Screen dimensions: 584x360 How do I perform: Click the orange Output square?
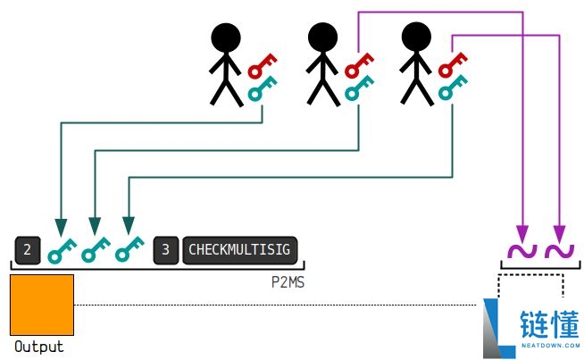coord(42,305)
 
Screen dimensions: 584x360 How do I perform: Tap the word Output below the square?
coord(39,347)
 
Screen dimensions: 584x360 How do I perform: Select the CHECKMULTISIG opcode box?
coord(239,250)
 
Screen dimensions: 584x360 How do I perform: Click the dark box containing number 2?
coord(28,250)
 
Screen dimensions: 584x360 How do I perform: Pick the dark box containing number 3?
coord(166,250)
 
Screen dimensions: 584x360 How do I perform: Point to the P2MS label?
coord(288,282)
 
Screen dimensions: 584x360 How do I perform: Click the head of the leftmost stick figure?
coord(226,38)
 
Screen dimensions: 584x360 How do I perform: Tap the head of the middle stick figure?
coord(322,38)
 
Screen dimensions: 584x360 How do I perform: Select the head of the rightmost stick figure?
coord(416,37)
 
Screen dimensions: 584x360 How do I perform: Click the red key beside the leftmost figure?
coord(262,66)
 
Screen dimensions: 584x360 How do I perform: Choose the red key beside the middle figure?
coord(358,65)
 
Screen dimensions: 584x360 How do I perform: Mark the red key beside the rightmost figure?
coord(452,65)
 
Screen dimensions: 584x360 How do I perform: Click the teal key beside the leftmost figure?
coord(262,88)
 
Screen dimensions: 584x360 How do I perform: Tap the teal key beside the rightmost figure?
coord(452,88)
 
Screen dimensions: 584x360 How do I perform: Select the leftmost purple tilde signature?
coord(522,251)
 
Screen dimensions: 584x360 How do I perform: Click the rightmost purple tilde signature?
coord(559,251)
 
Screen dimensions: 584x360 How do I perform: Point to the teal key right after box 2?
coord(62,251)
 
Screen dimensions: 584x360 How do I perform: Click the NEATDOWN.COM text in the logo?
coord(550,346)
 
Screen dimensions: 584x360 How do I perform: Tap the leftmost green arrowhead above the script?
coord(61,227)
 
